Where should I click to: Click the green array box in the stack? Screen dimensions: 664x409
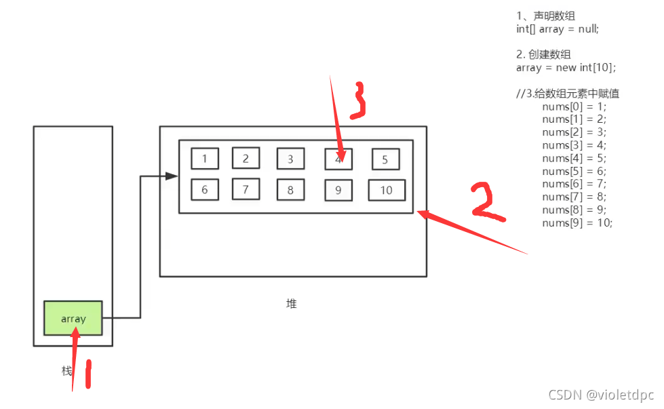(x=73, y=318)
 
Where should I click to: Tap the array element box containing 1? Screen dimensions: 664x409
(x=205, y=159)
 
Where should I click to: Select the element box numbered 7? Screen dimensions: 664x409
(x=246, y=189)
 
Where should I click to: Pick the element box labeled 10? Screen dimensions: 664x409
(x=386, y=190)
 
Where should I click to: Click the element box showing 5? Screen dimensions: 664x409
(x=385, y=160)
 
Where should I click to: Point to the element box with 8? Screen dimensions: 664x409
(x=290, y=190)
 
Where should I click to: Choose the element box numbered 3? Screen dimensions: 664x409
(x=290, y=159)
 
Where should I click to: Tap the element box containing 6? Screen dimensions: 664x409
(x=205, y=190)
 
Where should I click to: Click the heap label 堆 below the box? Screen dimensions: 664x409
(x=292, y=304)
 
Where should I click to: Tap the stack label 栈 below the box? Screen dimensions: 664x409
(x=66, y=371)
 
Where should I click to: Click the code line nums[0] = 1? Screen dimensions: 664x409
(x=574, y=106)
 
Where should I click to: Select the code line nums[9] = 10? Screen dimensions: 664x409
(x=577, y=222)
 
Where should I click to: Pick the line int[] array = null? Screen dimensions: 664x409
(x=558, y=28)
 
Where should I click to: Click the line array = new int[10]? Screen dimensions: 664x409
(x=566, y=67)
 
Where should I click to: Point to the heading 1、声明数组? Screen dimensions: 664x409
(x=545, y=16)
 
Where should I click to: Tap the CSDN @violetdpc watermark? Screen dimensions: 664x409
(x=600, y=395)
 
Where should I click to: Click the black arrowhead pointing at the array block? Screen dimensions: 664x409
(x=172, y=176)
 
